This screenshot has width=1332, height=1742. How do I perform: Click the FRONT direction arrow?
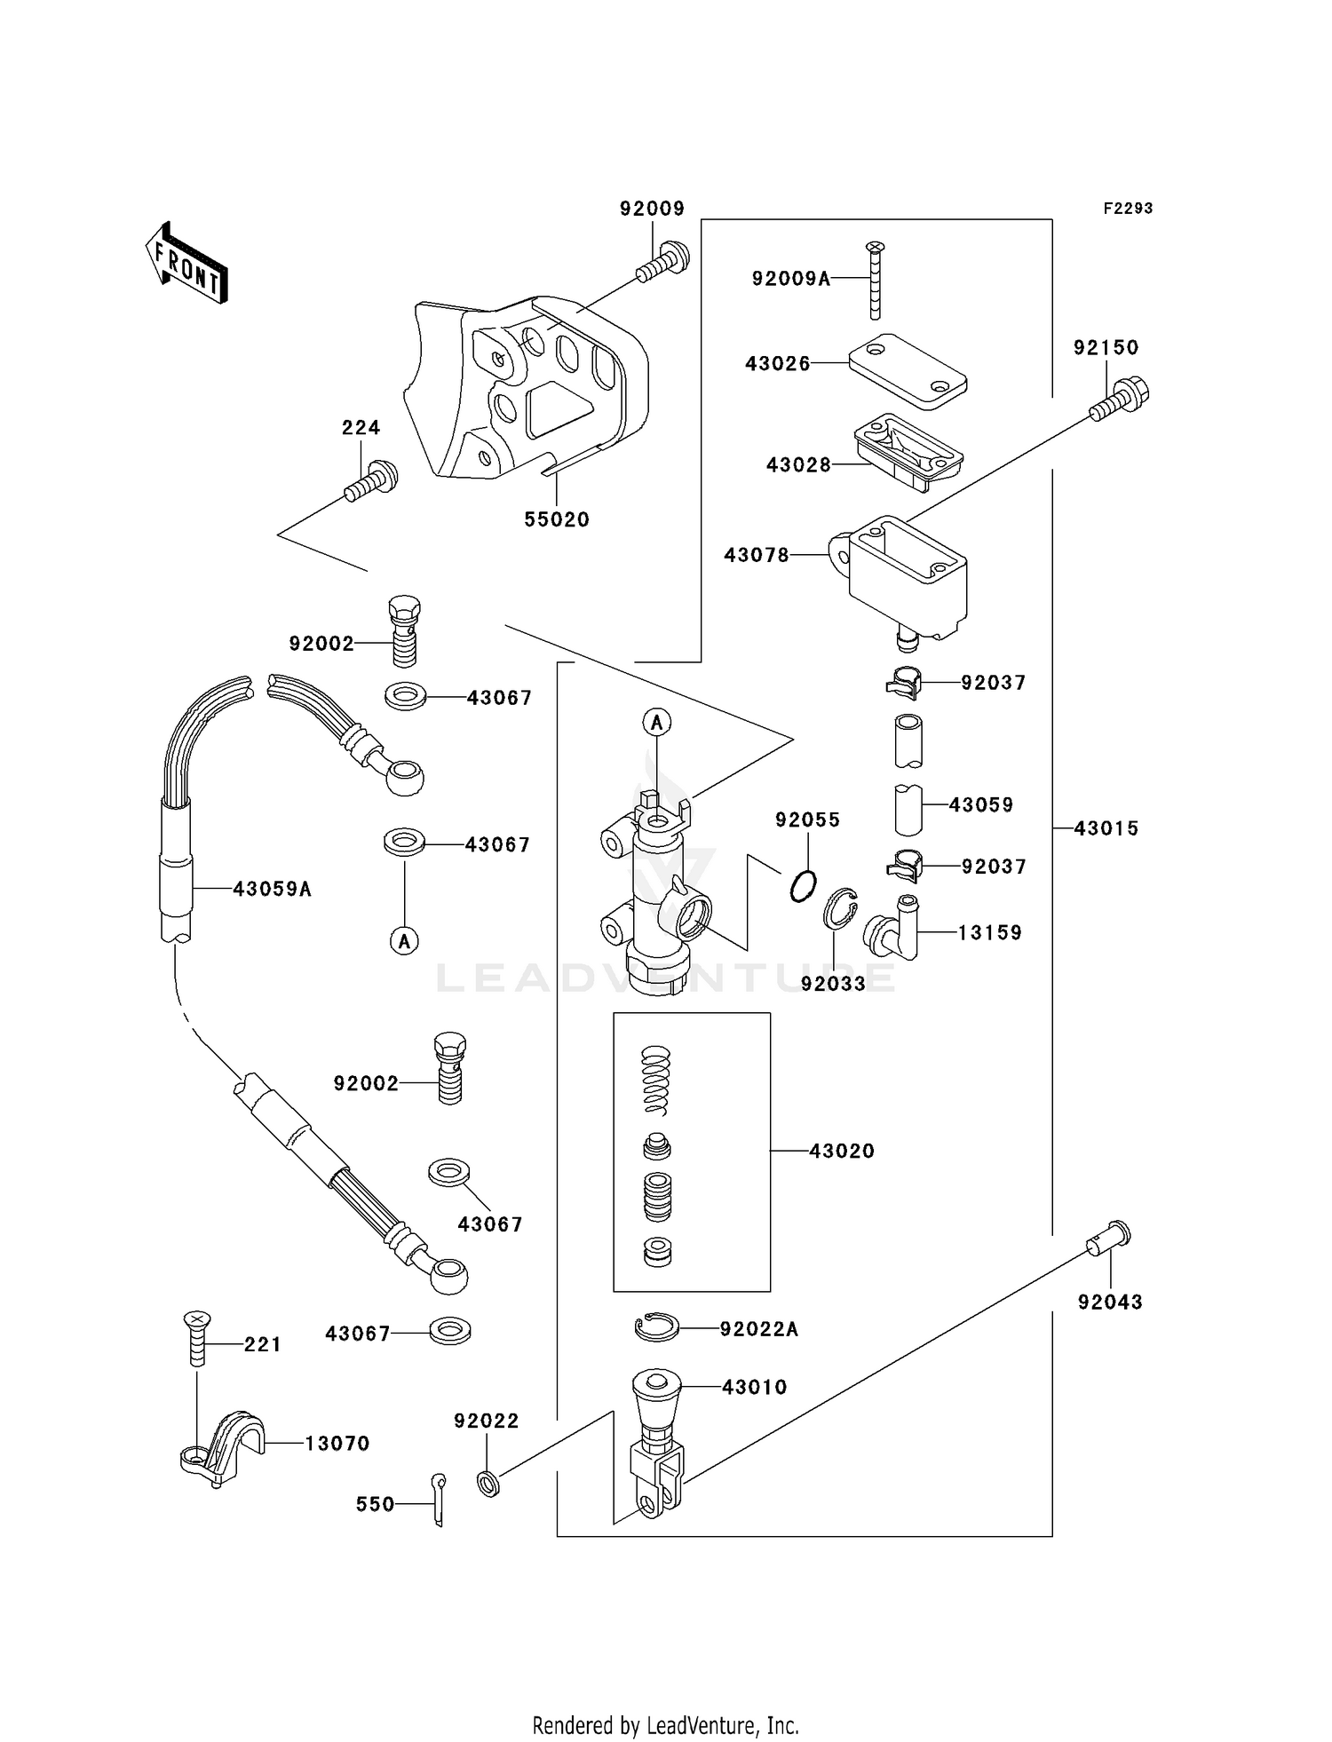pos(186,265)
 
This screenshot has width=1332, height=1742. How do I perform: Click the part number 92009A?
pos(790,279)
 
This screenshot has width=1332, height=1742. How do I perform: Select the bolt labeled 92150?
pos(1120,400)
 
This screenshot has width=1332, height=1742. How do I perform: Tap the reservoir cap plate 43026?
pos(907,370)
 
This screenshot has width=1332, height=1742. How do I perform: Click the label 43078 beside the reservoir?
pos(756,555)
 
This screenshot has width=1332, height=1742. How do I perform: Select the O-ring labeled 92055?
pos(803,886)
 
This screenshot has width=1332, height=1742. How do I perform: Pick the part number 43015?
pos(1106,828)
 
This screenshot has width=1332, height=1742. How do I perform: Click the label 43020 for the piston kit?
pos(841,1151)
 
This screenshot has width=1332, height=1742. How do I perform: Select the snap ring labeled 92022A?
pos(657,1327)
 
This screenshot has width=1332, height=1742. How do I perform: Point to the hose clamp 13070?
pos(222,1445)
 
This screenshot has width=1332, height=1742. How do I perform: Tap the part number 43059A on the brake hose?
pos(272,889)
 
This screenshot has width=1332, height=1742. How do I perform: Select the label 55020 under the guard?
pos(557,519)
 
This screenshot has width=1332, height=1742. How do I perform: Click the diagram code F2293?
pos(1128,209)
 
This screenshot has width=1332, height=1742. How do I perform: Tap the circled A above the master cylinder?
pos(657,724)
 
